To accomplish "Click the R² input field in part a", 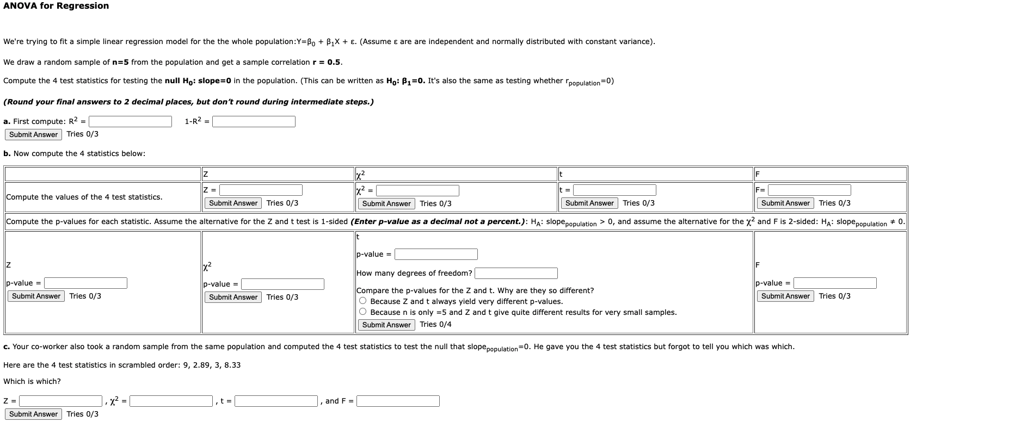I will tap(130, 121).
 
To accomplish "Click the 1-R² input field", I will tap(254, 121).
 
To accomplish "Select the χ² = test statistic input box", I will tap(417, 190).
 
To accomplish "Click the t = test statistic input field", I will tap(614, 190).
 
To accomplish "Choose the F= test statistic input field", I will tap(809, 190).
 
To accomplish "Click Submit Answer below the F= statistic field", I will tap(785, 203).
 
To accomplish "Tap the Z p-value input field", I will tap(86, 283).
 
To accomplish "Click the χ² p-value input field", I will tap(282, 284).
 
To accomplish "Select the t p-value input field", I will tap(436, 254).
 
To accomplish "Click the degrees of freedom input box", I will tap(516, 273).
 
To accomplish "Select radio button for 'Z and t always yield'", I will tap(363, 301).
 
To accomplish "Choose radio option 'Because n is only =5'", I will tap(363, 312).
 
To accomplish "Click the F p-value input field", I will tap(835, 283).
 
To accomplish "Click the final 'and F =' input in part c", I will tap(398, 401).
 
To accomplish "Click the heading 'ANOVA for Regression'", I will tap(56, 6).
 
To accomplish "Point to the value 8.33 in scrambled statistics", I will tap(232, 365).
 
